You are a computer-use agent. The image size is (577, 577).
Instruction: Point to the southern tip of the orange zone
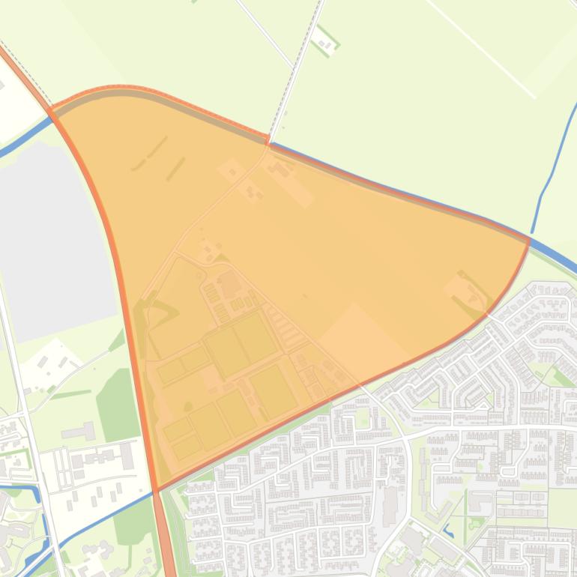pyautogui.click(x=157, y=488)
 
